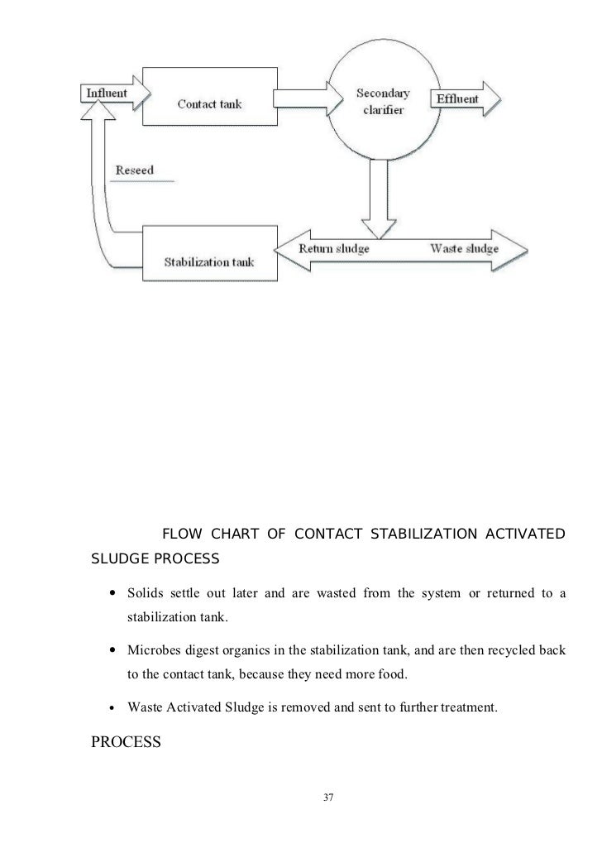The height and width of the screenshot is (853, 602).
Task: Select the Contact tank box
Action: pos(209,103)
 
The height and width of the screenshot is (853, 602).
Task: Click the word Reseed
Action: pos(134,170)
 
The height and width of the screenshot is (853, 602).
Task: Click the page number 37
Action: pos(328,797)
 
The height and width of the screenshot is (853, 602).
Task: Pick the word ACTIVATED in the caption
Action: pos(529,531)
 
